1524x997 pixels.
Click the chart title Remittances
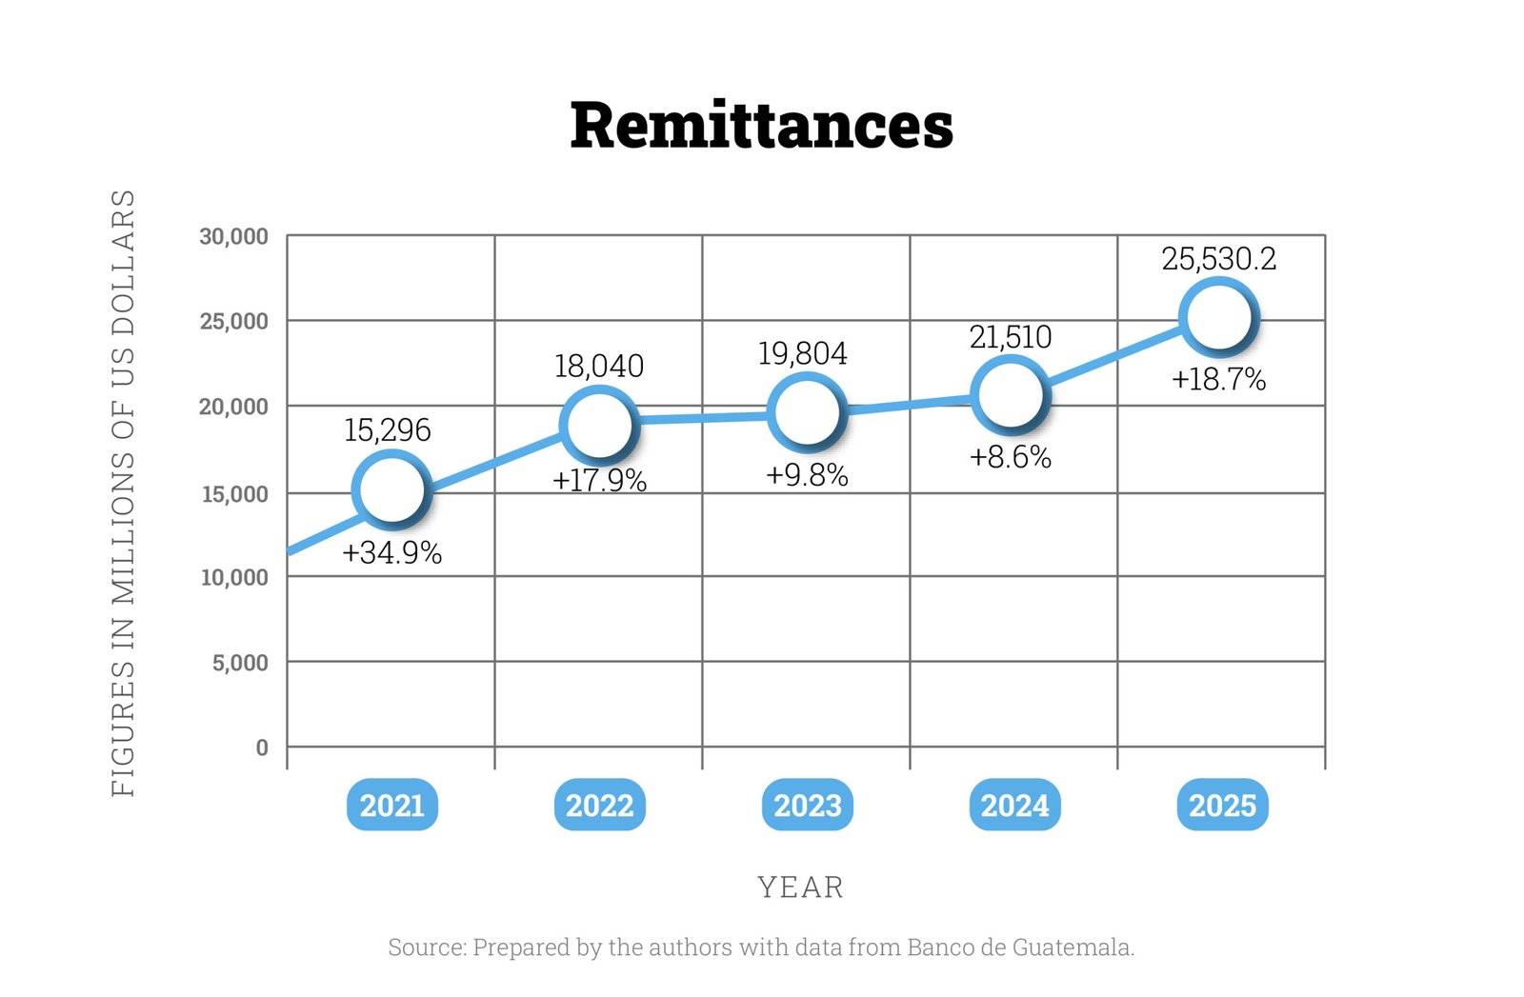click(x=761, y=126)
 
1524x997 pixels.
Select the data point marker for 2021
click(x=391, y=489)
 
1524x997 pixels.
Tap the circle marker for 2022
click(x=598, y=424)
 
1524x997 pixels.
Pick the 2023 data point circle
click(x=807, y=411)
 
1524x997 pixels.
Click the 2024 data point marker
click(x=1010, y=393)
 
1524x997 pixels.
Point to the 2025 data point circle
click(x=1218, y=316)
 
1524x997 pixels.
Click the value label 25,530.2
click(x=1218, y=259)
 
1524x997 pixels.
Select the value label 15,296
click(x=387, y=429)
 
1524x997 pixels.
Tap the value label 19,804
click(x=802, y=353)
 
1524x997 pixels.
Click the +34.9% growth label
click(x=391, y=552)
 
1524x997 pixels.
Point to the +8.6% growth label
click(x=1010, y=457)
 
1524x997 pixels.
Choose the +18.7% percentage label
click(x=1218, y=380)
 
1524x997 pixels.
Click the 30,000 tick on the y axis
click(x=233, y=236)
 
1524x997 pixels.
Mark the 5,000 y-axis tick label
click(x=240, y=662)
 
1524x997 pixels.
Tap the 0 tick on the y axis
click(x=262, y=748)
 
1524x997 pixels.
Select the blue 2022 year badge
click(x=599, y=806)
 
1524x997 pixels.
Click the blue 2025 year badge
click(x=1222, y=806)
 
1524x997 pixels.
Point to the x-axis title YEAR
click(x=800, y=887)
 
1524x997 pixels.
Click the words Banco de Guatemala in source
click(x=1019, y=947)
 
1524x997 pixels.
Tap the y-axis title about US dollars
click(x=124, y=492)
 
